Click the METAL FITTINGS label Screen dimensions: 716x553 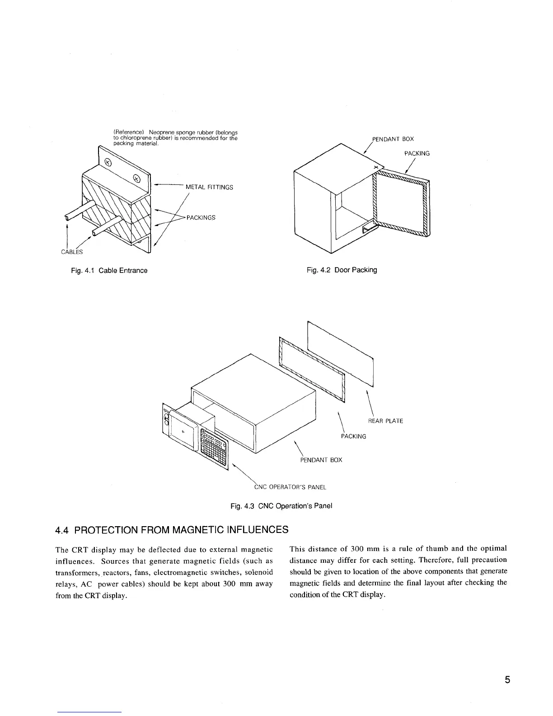[209, 187]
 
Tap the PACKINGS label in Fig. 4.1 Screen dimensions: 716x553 [201, 217]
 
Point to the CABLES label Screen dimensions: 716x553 [72, 252]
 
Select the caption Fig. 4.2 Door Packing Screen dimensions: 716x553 [342, 270]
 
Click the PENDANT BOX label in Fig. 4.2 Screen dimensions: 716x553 [393, 139]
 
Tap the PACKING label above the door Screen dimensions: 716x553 [417, 153]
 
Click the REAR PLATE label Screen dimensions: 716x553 [385, 421]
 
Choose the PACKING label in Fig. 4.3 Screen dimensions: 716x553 [353, 436]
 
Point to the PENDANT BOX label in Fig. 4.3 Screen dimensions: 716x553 [321, 460]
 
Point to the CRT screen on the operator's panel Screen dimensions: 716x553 [183, 432]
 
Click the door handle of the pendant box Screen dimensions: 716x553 [369, 226]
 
